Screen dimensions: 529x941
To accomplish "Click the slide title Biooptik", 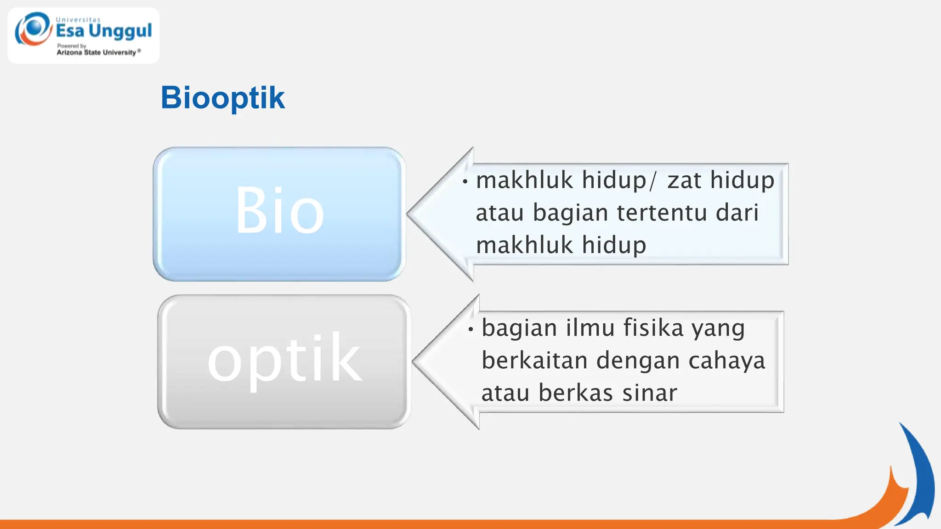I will [x=222, y=98].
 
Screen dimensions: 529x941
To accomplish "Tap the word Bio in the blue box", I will [x=279, y=211].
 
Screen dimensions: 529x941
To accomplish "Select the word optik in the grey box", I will [x=284, y=359].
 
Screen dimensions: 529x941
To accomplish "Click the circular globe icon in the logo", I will [x=33, y=28].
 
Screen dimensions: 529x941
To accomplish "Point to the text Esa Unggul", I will [x=104, y=31].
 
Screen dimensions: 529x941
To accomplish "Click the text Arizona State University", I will [x=96, y=52].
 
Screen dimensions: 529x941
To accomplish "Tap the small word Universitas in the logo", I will [x=78, y=20].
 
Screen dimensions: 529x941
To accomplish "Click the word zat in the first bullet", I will [x=684, y=180].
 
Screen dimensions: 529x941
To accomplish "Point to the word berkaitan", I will [x=535, y=361].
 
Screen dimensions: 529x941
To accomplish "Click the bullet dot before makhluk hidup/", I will [x=465, y=182].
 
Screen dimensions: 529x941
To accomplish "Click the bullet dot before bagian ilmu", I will [x=471, y=329].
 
